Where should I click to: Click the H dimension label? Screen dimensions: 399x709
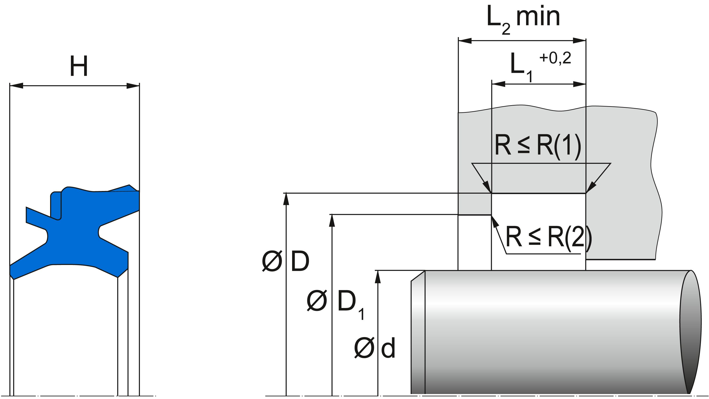coord(79,66)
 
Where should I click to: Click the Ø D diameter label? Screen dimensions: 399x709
coord(286,261)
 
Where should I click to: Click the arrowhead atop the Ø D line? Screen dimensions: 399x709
coord(286,198)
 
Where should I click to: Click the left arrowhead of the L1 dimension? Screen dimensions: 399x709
coord(498,84)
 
